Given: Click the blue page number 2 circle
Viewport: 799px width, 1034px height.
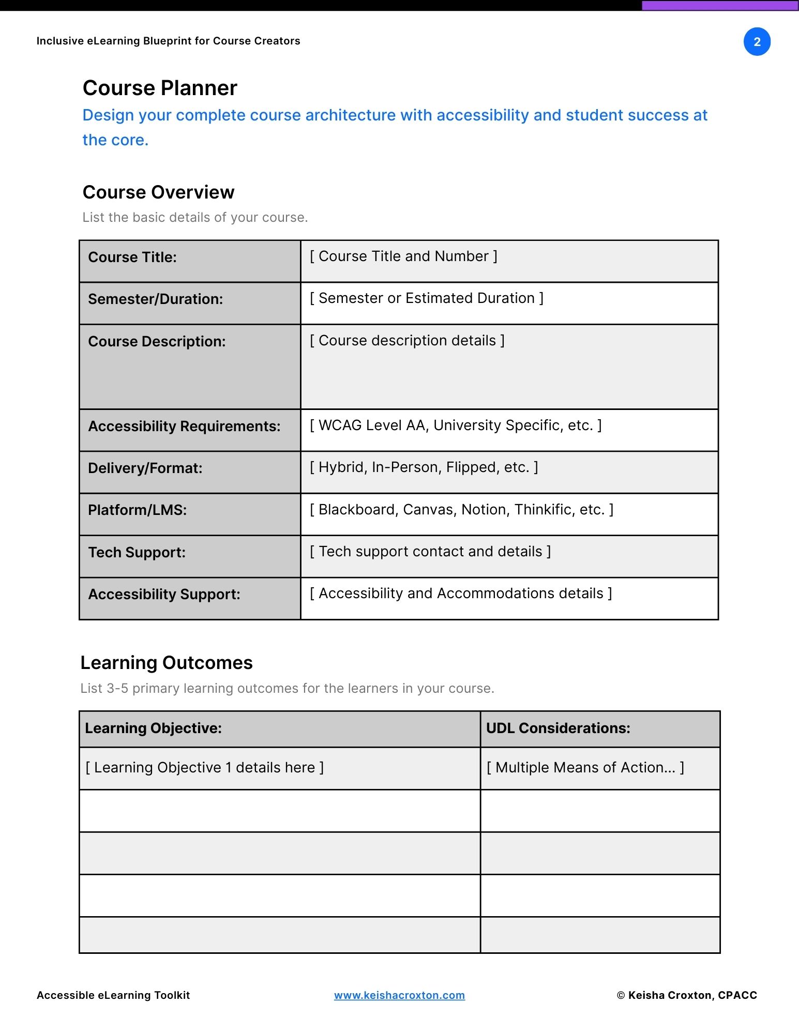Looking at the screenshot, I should click(757, 42).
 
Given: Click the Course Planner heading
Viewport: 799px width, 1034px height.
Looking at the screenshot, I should click(160, 88).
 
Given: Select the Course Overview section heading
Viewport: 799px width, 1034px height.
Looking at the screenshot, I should click(158, 192).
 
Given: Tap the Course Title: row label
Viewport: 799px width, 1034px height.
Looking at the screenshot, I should click(132, 257).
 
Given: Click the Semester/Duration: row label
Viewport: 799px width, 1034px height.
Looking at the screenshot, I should click(155, 299).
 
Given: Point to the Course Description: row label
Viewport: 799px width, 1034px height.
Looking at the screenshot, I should click(157, 341).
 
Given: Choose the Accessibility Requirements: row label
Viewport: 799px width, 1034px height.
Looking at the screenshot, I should click(184, 426).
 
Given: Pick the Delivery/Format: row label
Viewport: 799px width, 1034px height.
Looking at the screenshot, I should click(145, 468).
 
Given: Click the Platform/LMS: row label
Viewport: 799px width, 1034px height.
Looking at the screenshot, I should click(137, 510).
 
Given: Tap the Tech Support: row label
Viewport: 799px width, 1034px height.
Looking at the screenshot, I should click(137, 552).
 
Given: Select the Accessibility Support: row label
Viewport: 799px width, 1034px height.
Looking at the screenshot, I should click(164, 594).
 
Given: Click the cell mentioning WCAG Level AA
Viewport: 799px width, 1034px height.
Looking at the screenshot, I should click(455, 425).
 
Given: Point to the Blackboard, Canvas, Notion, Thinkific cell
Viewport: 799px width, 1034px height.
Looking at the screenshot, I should click(461, 510).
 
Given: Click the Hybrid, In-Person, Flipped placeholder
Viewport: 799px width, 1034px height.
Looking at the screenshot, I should click(424, 467).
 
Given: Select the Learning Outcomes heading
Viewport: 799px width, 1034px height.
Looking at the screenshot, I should click(167, 663).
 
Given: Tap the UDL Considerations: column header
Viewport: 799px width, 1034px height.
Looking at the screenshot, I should click(558, 728).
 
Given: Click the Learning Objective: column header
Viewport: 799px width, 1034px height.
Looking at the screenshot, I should click(153, 728).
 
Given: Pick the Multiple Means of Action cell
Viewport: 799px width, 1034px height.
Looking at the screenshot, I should click(585, 768).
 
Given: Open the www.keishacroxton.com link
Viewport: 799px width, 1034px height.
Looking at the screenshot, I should click(399, 995).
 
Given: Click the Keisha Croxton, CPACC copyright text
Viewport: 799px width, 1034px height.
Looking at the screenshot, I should click(687, 995).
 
